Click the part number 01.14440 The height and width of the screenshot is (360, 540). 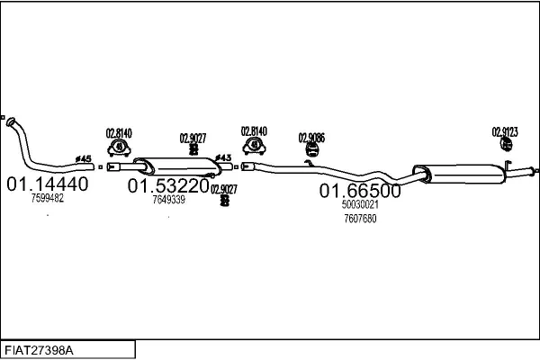coord(48,184)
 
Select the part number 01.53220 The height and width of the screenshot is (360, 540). coord(168,186)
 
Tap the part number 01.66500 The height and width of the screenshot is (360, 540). coord(360,191)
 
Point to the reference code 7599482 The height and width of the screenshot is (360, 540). coord(48,198)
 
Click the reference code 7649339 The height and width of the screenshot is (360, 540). coord(169,200)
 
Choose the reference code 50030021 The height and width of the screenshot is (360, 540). coord(360,204)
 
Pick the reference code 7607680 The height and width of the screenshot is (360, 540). coord(360,219)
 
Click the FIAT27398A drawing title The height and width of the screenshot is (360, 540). coord(39,350)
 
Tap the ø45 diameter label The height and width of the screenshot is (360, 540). coord(84,158)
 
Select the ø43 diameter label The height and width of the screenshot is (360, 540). coord(223,157)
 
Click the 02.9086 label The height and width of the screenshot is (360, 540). coord(311,138)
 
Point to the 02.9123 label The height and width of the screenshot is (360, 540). coord(505,132)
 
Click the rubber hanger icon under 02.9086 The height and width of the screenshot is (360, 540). coord(312,150)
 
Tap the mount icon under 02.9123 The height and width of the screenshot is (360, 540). coord(506,144)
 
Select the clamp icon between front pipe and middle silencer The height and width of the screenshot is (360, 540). coord(119,148)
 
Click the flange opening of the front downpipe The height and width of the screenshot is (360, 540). coord(11,121)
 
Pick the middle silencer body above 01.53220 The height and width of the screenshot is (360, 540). coord(178,166)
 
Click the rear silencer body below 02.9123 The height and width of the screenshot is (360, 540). coord(459,174)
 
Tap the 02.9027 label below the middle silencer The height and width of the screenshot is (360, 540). coord(224,189)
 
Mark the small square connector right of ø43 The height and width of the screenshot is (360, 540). coord(236,167)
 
